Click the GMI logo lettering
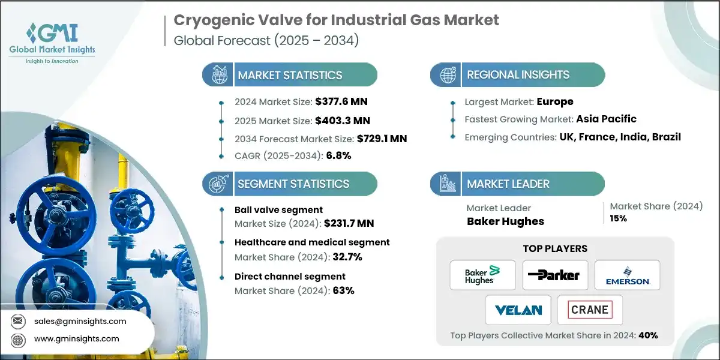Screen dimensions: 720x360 52,33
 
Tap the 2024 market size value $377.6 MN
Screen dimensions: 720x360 341,101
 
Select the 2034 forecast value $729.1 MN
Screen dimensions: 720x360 382,139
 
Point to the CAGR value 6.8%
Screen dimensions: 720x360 338,155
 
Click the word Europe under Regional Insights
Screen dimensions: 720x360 555,101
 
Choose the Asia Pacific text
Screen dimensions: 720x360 606,119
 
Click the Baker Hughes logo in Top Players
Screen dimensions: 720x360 482,275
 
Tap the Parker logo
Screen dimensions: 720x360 555,275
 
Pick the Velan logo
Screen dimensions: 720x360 518,310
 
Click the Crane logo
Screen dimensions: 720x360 590,310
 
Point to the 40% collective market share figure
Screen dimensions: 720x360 648,335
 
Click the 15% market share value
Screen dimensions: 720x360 619,218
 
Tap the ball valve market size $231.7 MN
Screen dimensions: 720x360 349,223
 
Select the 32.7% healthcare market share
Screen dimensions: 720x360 347,257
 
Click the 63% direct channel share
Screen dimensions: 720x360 344,290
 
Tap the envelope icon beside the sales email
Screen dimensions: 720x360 17,321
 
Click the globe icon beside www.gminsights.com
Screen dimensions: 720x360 17,340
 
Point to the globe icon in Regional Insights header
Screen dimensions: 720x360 448,75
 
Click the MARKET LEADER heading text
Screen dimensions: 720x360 508,184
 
